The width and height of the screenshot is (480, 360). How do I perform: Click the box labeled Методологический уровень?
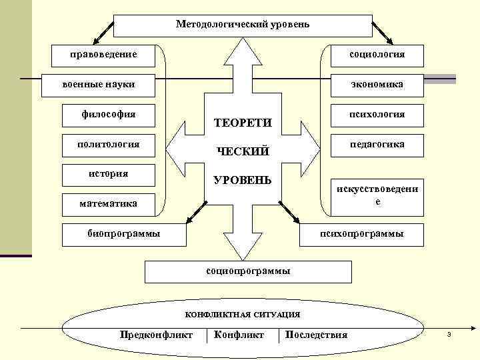point(243,25)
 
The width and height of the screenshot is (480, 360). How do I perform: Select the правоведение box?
point(103,53)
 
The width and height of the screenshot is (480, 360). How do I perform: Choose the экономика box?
point(377,85)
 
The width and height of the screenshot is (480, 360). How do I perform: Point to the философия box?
point(109,114)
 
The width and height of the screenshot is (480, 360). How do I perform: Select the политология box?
point(109,144)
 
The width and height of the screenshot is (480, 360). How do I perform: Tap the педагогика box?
point(377,144)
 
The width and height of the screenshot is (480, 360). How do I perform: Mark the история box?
point(109,174)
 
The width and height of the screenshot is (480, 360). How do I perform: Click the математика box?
point(109,203)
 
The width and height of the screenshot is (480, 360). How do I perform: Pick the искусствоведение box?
point(377,195)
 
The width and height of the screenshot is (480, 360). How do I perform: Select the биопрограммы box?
point(123,233)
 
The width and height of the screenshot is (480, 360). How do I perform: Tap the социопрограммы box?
point(248,271)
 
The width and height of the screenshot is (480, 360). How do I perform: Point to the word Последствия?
point(316,334)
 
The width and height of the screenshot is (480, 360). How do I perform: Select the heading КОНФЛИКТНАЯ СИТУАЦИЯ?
point(242,314)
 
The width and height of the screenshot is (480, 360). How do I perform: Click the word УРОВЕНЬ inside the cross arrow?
point(242,181)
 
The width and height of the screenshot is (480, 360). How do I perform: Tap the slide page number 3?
point(449,333)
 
